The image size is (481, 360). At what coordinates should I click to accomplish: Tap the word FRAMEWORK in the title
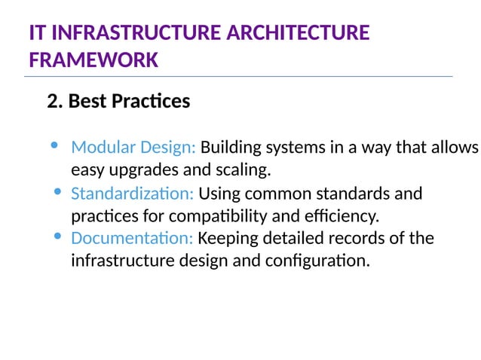[93, 59]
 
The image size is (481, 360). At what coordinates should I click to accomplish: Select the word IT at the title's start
[37, 33]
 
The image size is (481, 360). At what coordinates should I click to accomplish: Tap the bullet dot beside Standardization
[59, 192]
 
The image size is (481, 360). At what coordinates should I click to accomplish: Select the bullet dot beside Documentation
[59, 237]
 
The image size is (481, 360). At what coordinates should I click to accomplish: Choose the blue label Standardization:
[132, 194]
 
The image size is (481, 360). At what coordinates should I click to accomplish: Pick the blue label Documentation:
[132, 239]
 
